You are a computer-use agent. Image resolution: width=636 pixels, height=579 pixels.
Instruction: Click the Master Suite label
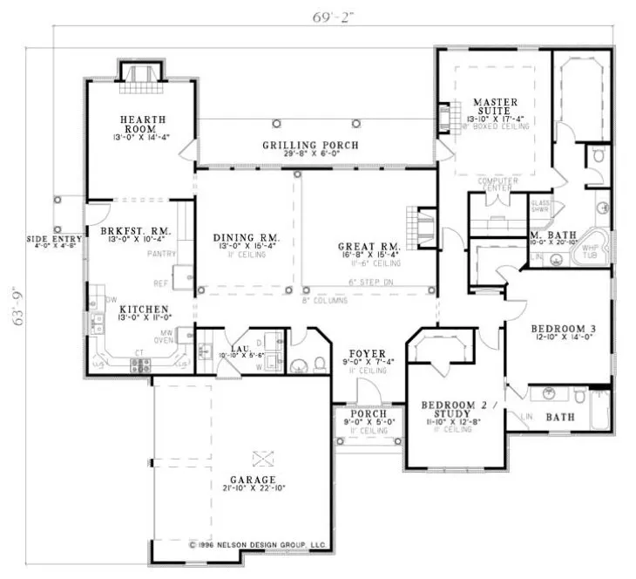[x=494, y=107]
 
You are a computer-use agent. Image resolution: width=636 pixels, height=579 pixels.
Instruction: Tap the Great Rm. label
[x=368, y=247]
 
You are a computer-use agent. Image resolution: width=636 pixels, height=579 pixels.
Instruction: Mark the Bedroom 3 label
[x=563, y=329]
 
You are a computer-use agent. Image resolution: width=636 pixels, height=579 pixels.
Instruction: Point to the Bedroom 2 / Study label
[x=457, y=405]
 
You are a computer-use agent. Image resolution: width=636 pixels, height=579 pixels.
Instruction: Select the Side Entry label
[x=51, y=238]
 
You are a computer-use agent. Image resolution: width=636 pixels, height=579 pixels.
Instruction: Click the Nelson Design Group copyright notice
[x=257, y=545]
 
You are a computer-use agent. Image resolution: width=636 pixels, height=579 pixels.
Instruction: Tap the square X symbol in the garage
[x=260, y=457]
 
